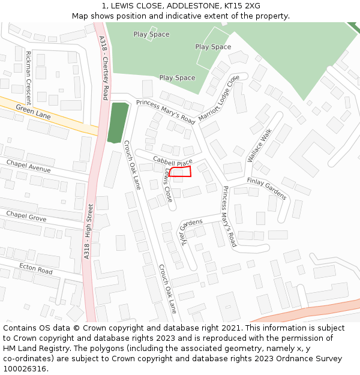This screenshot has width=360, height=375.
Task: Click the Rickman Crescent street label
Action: (28, 77)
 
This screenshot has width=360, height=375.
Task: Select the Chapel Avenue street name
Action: (28, 165)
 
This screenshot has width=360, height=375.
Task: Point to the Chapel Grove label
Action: (26, 216)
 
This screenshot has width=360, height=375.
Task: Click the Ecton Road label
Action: (35, 268)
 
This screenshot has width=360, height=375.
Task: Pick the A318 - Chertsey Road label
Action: (104, 67)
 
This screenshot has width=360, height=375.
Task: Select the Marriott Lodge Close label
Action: (218, 98)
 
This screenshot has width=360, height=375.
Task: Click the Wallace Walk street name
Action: (259, 145)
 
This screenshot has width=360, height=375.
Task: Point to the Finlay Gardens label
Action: (267, 188)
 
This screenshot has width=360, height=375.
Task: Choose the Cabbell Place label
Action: (172, 161)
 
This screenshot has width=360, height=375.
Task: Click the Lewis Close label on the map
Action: (168, 185)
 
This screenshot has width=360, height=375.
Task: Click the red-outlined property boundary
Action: (180, 172)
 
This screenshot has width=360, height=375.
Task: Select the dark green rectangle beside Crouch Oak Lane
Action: (118, 122)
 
